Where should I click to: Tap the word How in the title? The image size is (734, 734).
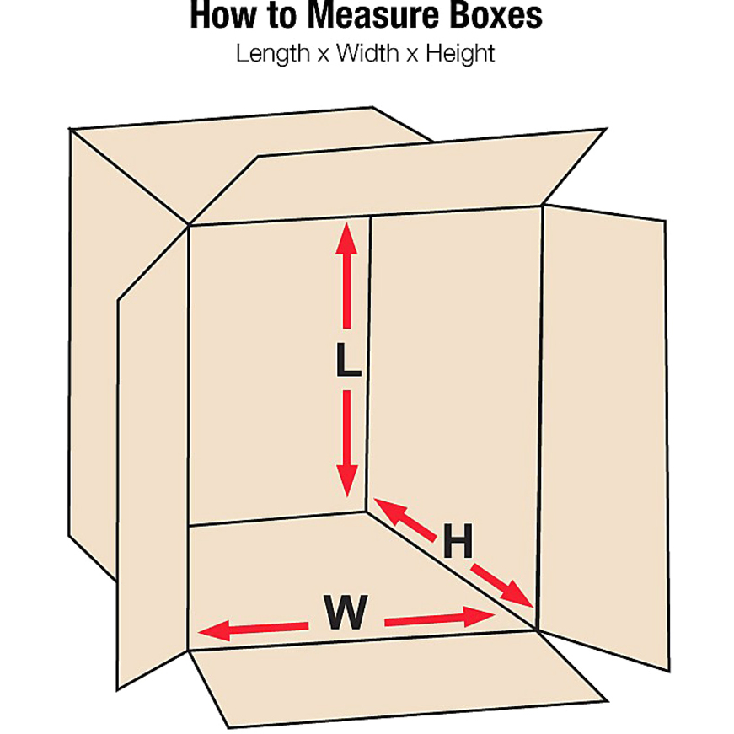point(220,16)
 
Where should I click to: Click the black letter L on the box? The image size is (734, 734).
point(346,360)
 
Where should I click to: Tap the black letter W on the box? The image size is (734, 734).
point(346,613)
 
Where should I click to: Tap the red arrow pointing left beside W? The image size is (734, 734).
point(252,628)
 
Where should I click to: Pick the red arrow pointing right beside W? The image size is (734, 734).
point(438,619)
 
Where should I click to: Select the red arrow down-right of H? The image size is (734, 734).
point(502,584)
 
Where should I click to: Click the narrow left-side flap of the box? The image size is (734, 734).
point(152,472)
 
